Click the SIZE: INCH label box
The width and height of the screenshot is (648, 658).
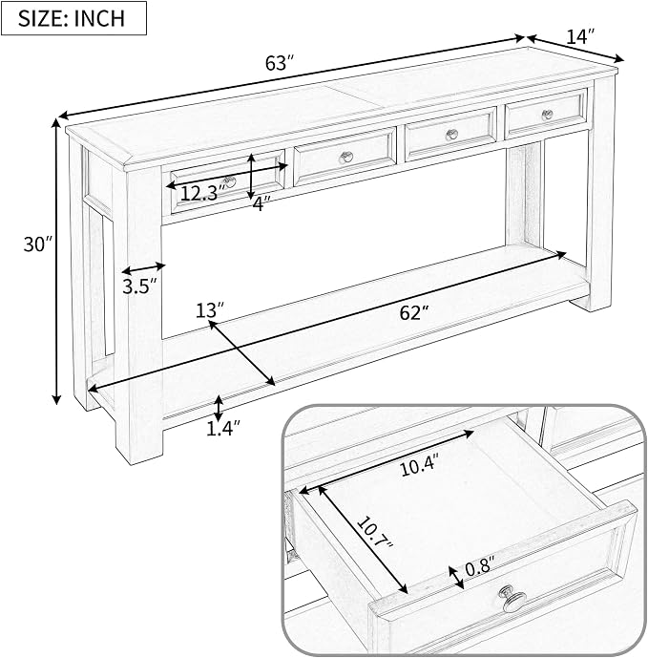click(x=73, y=18)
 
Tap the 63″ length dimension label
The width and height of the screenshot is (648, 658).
click(x=278, y=63)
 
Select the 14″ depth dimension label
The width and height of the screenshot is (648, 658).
click(x=580, y=36)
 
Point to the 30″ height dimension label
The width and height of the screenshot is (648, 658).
click(x=38, y=244)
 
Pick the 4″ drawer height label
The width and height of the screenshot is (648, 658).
click(x=260, y=204)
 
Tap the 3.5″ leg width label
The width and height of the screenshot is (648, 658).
click(x=139, y=287)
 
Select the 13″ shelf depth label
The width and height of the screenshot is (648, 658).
click(x=210, y=310)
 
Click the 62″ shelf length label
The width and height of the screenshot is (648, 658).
click(x=414, y=312)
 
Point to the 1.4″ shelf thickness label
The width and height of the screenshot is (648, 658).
click(x=223, y=429)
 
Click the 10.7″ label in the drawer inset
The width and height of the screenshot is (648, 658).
click(x=375, y=533)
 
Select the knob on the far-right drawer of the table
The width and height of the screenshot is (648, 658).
click(x=548, y=115)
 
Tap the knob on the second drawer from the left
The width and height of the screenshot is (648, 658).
click(x=346, y=158)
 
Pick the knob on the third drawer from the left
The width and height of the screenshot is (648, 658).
click(x=451, y=135)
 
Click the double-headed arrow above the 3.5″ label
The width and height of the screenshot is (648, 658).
click(x=143, y=268)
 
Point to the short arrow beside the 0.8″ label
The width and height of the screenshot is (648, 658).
click(x=456, y=578)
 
